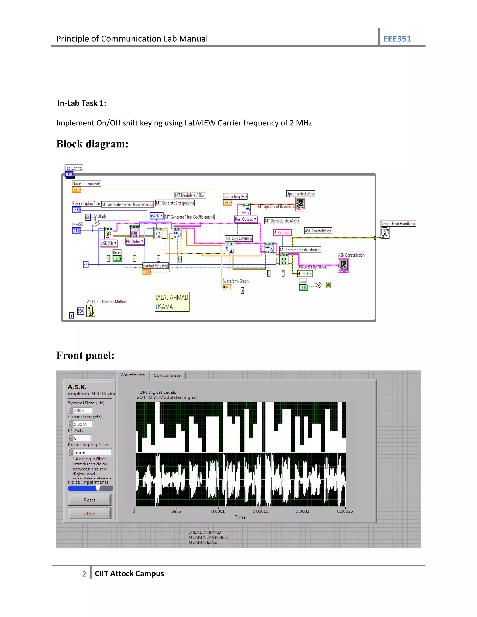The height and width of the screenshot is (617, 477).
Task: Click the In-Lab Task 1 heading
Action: [82, 103]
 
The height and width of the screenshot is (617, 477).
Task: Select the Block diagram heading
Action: [92, 144]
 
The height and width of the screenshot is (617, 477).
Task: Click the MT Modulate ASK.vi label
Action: [190, 195]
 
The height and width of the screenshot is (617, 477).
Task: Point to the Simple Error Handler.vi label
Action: [398, 224]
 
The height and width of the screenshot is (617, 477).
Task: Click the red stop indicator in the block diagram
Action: [328, 285]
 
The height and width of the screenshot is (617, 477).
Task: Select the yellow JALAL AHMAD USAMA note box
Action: [172, 302]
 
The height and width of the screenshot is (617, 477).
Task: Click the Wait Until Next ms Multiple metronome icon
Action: [91, 311]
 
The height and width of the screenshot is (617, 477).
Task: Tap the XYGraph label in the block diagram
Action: [282, 233]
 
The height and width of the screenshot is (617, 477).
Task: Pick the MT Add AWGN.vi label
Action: [238, 239]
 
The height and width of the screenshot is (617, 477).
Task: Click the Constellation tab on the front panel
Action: [167, 376]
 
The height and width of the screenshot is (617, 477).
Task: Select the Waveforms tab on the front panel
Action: [132, 375]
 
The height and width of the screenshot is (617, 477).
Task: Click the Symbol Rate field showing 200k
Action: [82, 410]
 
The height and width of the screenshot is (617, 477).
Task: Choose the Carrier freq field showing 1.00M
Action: [82, 424]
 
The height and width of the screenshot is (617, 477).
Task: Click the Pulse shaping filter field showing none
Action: [92, 452]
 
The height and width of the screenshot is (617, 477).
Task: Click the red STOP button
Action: [89, 513]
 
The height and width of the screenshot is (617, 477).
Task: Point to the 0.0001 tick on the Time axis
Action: [218, 511]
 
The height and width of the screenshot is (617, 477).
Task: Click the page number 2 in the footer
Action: [84, 574]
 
